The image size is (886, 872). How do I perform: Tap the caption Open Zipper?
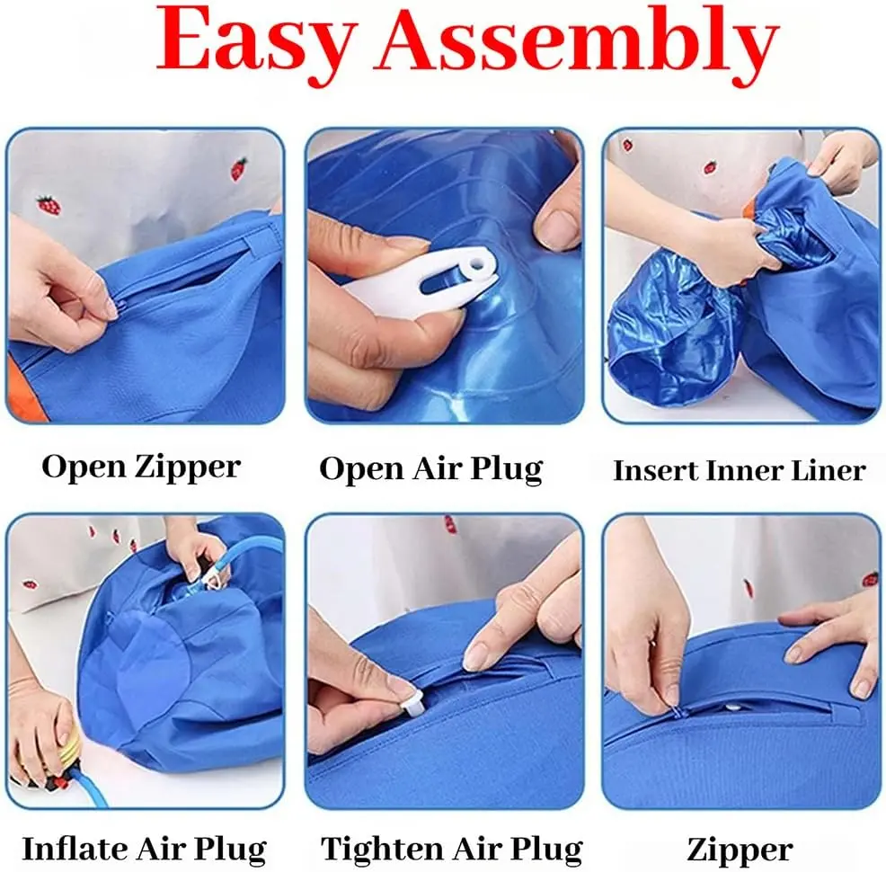click(141, 468)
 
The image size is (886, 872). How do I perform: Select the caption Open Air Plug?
click(430, 469)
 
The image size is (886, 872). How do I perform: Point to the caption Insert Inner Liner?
click(740, 470)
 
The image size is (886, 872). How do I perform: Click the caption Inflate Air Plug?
click(144, 850)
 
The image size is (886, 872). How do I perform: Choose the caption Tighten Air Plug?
click(451, 850)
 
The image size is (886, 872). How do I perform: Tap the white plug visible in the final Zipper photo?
click(734, 707)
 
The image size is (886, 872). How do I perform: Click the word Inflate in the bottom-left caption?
click(74, 849)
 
